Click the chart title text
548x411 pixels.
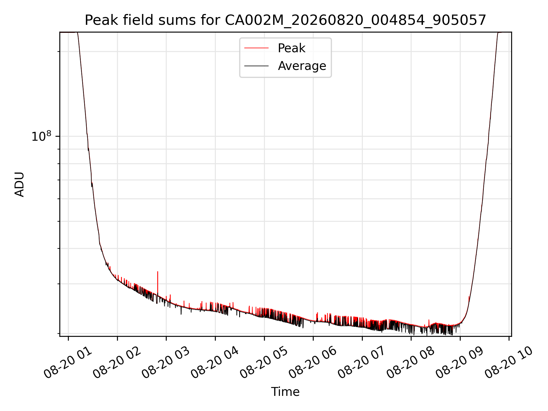[x=285, y=20]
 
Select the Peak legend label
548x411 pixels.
[x=291, y=48]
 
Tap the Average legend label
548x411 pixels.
[x=302, y=66]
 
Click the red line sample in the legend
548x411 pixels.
[x=256, y=48]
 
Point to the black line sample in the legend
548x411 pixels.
[x=256, y=66]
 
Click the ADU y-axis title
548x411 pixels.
[x=19, y=184]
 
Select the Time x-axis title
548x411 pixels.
[x=285, y=392]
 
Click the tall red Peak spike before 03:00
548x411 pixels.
[x=158, y=283]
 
